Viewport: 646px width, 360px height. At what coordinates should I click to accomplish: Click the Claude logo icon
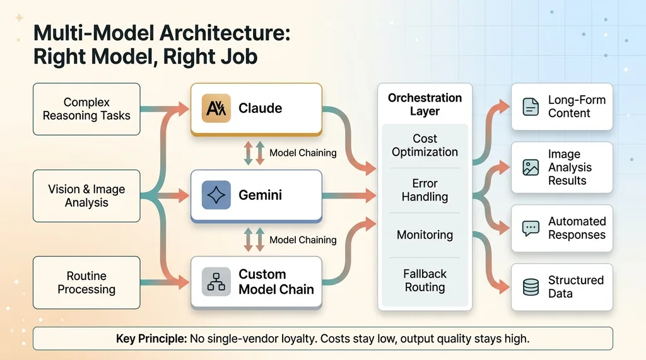(x=214, y=108)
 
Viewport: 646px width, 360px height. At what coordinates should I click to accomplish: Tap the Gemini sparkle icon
(x=216, y=195)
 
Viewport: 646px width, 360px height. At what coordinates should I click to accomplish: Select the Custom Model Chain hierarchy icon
(x=216, y=282)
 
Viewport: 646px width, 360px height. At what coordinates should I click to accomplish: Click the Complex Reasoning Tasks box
(x=86, y=109)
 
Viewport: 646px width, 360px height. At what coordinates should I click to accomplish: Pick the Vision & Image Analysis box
(x=86, y=196)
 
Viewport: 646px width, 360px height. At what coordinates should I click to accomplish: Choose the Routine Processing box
(x=86, y=282)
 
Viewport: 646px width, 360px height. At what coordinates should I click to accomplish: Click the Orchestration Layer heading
(x=425, y=105)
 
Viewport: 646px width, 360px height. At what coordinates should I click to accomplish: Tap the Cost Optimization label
(x=425, y=146)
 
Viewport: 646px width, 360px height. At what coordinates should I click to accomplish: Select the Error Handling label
(x=425, y=190)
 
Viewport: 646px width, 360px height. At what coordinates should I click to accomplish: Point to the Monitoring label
(x=425, y=235)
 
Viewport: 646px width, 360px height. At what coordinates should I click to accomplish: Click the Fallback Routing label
(x=425, y=281)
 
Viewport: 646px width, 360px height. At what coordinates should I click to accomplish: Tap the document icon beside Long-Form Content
(x=531, y=107)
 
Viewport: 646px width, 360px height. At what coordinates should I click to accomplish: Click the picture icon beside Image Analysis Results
(x=531, y=167)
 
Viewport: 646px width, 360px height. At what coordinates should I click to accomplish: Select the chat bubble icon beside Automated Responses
(x=531, y=228)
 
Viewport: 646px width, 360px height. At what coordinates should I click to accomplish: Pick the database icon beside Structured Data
(x=531, y=287)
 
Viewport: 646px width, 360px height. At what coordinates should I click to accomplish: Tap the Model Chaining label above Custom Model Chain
(x=303, y=240)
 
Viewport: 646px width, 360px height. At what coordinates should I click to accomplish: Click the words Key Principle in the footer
(x=151, y=339)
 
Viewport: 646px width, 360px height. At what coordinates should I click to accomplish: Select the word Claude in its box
(x=260, y=108)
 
